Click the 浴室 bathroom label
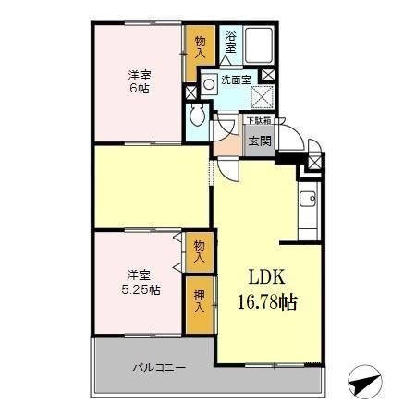click(x=231, y=41)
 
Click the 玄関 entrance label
click(x=259, y=141)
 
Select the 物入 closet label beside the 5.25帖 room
click(x=197, y=251)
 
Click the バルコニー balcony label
click(x=158, y=367)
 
